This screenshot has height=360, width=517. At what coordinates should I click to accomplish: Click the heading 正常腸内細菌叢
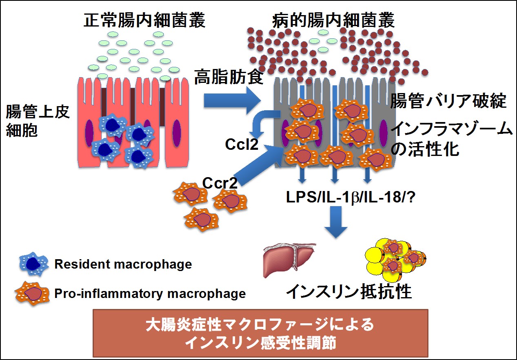pos(144,20)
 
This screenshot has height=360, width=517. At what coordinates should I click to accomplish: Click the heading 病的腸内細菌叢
pos(334,20)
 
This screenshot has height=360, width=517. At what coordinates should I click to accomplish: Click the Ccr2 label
pos(220,183)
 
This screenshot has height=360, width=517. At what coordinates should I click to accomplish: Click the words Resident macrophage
pos(123,264)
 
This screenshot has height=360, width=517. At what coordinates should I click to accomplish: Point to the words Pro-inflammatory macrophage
pos(150,293)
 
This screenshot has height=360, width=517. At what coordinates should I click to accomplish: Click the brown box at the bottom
pos(261,333)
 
